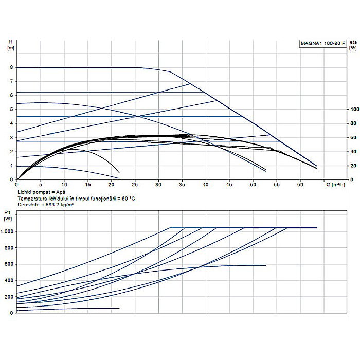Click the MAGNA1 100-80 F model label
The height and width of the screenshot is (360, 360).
(323, 44)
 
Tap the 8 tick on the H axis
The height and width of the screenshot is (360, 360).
(11, 67)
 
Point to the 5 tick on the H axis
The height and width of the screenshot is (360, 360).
(11, 110)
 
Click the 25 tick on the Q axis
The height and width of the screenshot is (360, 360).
(135, 184)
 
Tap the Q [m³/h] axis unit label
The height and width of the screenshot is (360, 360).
(337, 184)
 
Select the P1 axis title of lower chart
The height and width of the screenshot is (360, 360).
(7, 212)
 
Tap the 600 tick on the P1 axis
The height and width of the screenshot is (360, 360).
(8, 264)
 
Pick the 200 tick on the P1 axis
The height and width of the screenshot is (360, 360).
(8, 297)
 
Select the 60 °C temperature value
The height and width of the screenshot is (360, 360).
(130, 197)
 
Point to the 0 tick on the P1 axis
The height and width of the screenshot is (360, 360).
(11, 313)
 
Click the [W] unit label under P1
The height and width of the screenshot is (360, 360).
(8, 219)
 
